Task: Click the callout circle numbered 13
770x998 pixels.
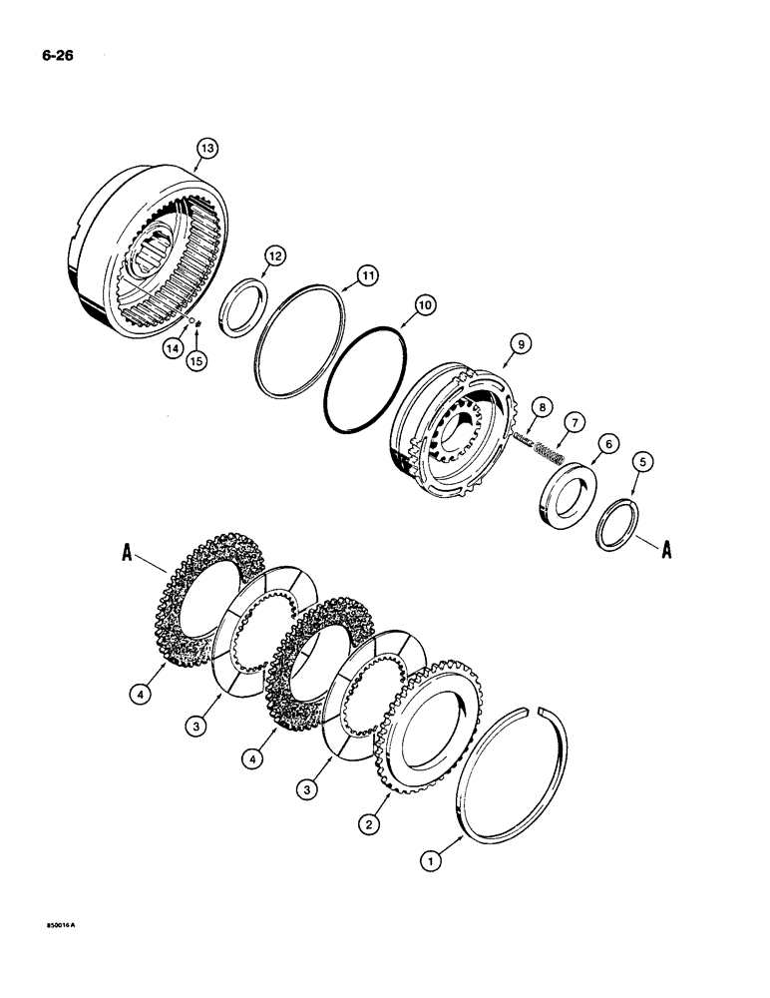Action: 205,148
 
